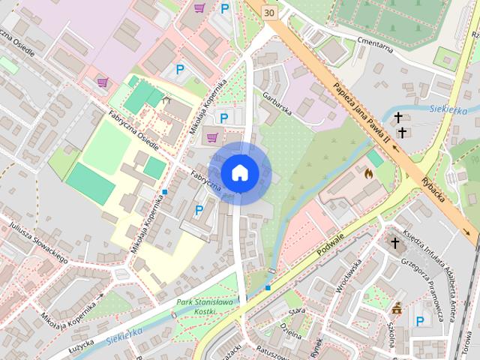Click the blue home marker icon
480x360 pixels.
239,172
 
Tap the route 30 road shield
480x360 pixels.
269,12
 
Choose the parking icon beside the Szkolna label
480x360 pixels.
420,322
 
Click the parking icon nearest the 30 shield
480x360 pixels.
225,9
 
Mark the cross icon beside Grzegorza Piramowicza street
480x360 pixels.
395,243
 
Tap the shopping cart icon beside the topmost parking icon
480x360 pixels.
199,9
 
